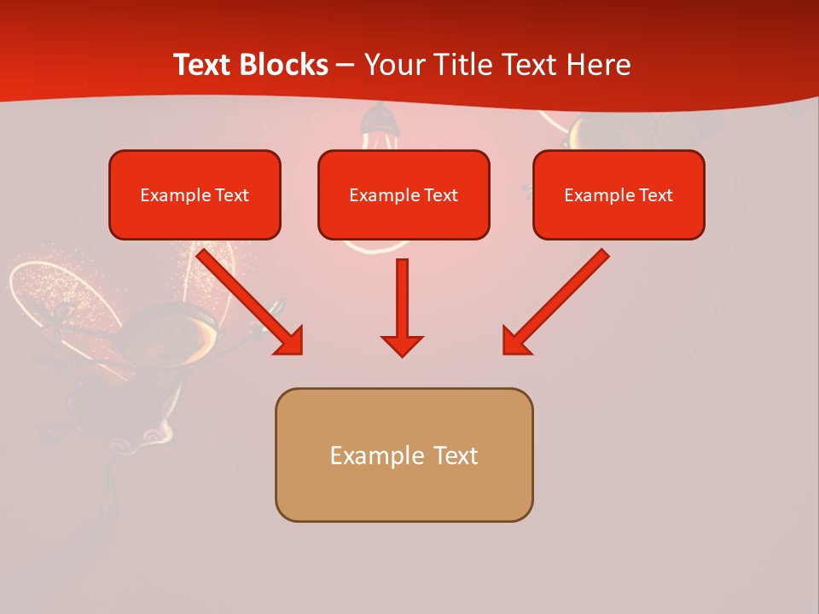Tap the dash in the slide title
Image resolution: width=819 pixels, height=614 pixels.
(346, 66)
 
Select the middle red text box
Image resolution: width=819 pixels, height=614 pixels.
(404, 218)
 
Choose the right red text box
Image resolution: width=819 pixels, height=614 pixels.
(619, 218)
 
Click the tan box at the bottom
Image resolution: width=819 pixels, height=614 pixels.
(404, 490)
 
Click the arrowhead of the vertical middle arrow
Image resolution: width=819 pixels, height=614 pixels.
(402, 345)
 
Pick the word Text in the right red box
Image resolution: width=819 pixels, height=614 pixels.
(656, 195)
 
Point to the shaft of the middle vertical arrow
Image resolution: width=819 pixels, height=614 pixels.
(402, 294)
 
